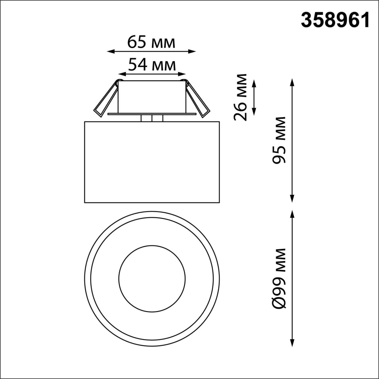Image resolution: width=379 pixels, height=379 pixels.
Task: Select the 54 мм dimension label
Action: click(152, 65)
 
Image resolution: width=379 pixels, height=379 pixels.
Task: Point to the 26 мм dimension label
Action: click(240, 97)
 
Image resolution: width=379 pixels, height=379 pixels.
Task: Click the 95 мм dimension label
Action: click(279, 140)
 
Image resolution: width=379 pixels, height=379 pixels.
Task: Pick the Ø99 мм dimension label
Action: click(279, 279)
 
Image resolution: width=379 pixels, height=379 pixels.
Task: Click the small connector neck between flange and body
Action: click(152, 118)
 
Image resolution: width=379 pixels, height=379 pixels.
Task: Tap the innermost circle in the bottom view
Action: click(152, 278)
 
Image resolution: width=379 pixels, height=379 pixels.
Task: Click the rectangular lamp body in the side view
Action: click(152, 162)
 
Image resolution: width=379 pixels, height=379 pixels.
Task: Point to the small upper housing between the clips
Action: click(152, 96)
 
